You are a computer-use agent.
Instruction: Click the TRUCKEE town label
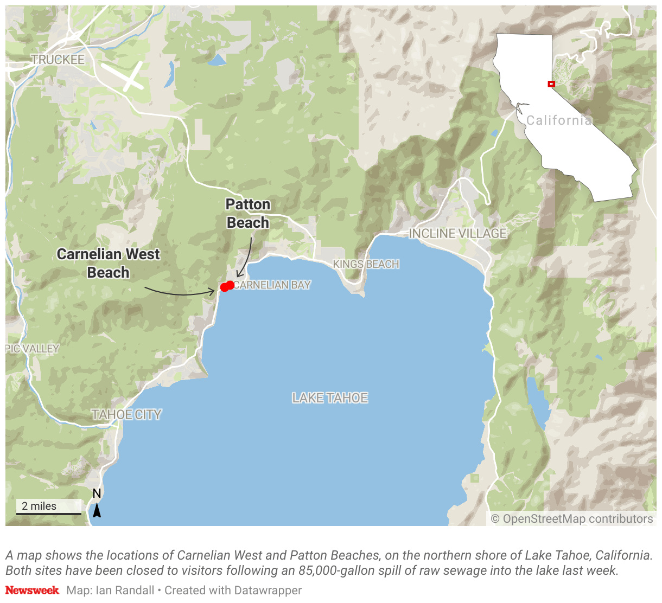58,60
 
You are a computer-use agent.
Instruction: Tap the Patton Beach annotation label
248,214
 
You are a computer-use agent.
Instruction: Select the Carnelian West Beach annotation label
109,263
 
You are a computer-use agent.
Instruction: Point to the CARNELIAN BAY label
272,285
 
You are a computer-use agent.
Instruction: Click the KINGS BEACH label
366,264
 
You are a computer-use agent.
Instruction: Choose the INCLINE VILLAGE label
457,234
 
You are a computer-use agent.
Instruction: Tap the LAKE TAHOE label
330,398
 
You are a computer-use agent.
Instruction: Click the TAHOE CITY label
126,415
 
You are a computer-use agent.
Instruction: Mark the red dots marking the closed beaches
227,286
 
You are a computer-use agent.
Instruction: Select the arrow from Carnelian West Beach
179,293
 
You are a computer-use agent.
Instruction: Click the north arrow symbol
97,510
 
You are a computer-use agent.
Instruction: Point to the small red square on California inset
551,84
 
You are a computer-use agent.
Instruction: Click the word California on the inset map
558,120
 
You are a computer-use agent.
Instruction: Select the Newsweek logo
32,590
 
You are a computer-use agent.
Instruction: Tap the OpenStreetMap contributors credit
572,519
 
